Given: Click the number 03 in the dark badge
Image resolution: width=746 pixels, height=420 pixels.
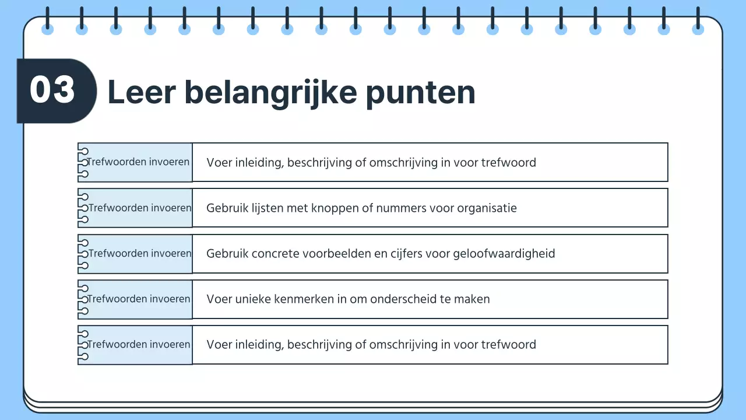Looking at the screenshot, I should pyautogui.click(x=52, y=91).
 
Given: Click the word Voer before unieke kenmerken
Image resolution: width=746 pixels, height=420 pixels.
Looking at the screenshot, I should pyautogui.click(x=219, y=299).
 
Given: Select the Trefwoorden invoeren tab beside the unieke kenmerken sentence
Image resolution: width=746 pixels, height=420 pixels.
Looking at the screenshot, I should pyautogui.click(x=139, y=299).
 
